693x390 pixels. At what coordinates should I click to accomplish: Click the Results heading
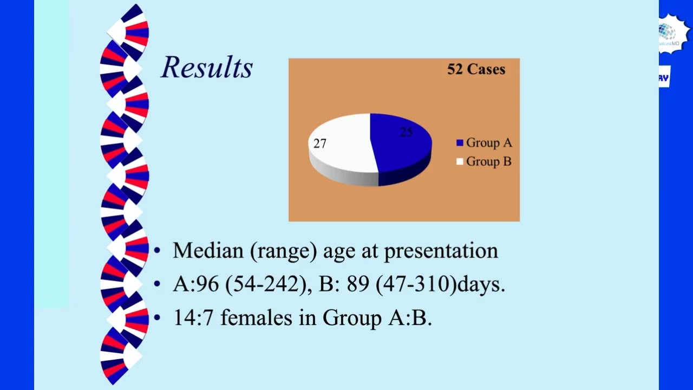pos(207,68)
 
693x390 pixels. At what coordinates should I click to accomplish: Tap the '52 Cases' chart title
pos(476,69)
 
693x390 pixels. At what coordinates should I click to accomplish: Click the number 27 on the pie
pos(320,144)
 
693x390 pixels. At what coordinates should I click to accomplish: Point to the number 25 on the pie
pos(406,132)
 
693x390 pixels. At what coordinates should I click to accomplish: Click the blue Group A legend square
pos(460,143)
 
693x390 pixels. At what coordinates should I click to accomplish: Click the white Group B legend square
pos(460,161)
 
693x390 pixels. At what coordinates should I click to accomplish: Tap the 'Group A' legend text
pos(488,143)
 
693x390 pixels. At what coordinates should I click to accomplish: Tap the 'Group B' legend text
pos(488,161)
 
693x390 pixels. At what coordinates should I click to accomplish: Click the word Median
pos(208,251)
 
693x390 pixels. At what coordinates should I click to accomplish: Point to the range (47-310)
pos(416,284)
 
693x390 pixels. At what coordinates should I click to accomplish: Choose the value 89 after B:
pos(358,284)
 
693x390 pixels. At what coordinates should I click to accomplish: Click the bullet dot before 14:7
pos(157,317)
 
